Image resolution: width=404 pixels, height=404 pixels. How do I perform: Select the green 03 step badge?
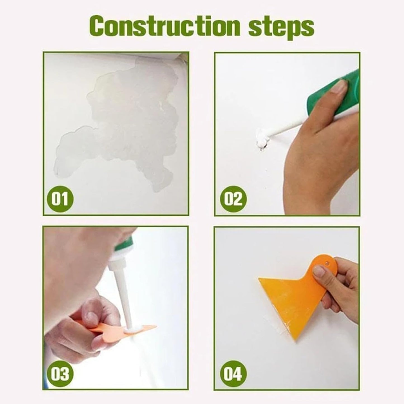[x=60, y=374]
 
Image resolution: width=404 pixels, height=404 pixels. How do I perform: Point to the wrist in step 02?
[x=302, y=179]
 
